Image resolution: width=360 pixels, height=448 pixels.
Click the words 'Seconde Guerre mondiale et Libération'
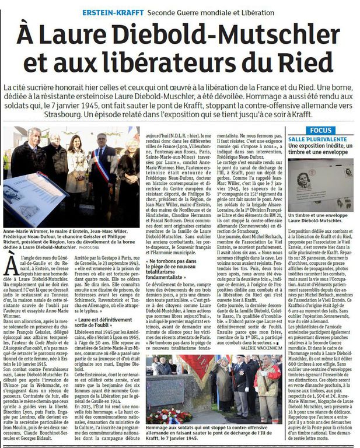[211, 12]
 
